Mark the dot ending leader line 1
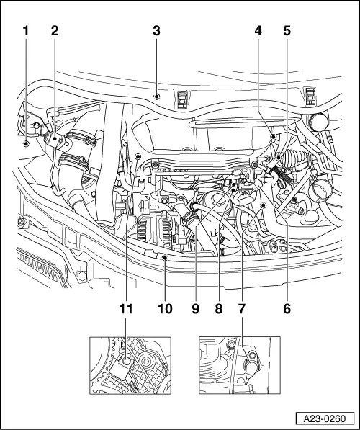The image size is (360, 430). click(x=26, y=144)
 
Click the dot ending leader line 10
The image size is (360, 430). click(x=165, y=256)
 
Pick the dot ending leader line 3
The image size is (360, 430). click(x=156, y=94)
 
